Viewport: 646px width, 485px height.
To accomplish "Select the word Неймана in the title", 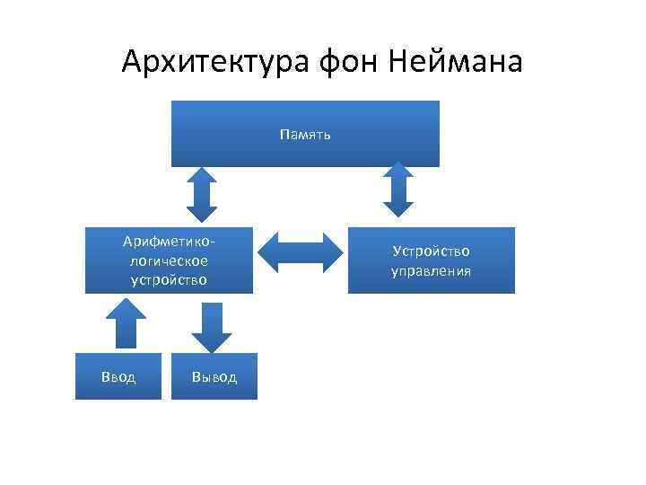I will [x=459, y=62].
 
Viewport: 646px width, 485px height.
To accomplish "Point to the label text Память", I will [x=305, y=135].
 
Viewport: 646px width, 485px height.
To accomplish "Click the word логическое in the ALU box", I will [x=169, y=260].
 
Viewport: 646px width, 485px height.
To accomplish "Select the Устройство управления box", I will [x=431, y=260].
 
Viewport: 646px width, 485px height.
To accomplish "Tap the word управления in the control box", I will [x=431, y=270].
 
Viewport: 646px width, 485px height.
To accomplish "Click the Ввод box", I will [x=118, y=376].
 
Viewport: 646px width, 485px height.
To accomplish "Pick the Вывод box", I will [x=214, y=376].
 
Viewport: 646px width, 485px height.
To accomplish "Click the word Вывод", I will [x=214, y=377].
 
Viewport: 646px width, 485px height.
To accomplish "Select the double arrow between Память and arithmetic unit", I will [x=203, y=193].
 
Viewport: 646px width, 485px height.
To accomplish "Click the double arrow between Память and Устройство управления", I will [x=397, y=189].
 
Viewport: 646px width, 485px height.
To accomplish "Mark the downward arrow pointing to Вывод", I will [x=212, y=327].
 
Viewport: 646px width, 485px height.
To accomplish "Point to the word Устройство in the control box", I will [x=431, y=251].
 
